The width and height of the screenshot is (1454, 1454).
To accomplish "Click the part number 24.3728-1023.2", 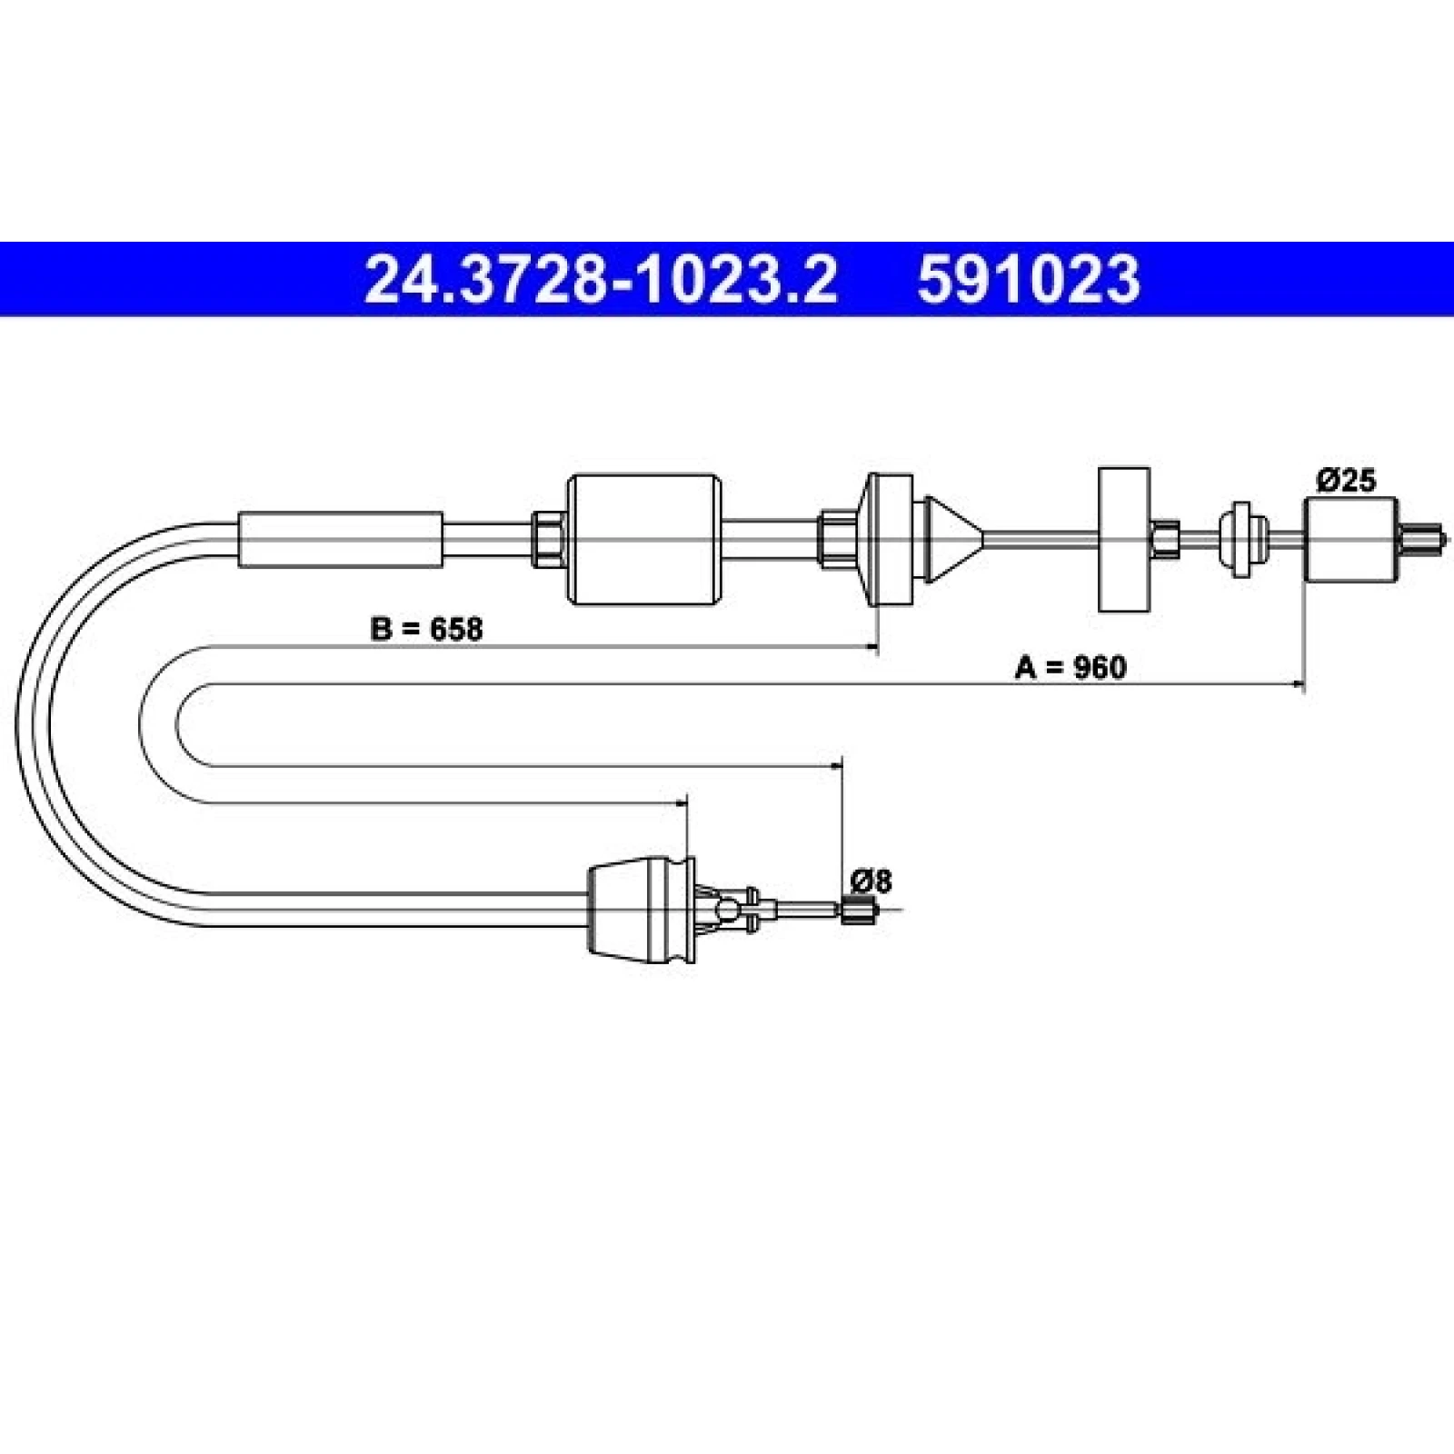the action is (x=600, y=279).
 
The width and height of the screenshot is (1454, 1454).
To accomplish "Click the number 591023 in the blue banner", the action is (x=1028, y=279).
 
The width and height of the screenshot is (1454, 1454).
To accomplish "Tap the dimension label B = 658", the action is (x=426, y=629).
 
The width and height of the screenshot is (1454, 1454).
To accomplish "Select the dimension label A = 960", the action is (x=1070, y=668).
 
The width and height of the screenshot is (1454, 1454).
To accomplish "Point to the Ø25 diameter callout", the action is (x=1347, y=480).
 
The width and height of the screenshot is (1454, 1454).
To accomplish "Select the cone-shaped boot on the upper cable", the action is (x=951, y=540).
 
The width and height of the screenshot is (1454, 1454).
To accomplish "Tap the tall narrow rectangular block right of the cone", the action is (x=1124, y=540).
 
